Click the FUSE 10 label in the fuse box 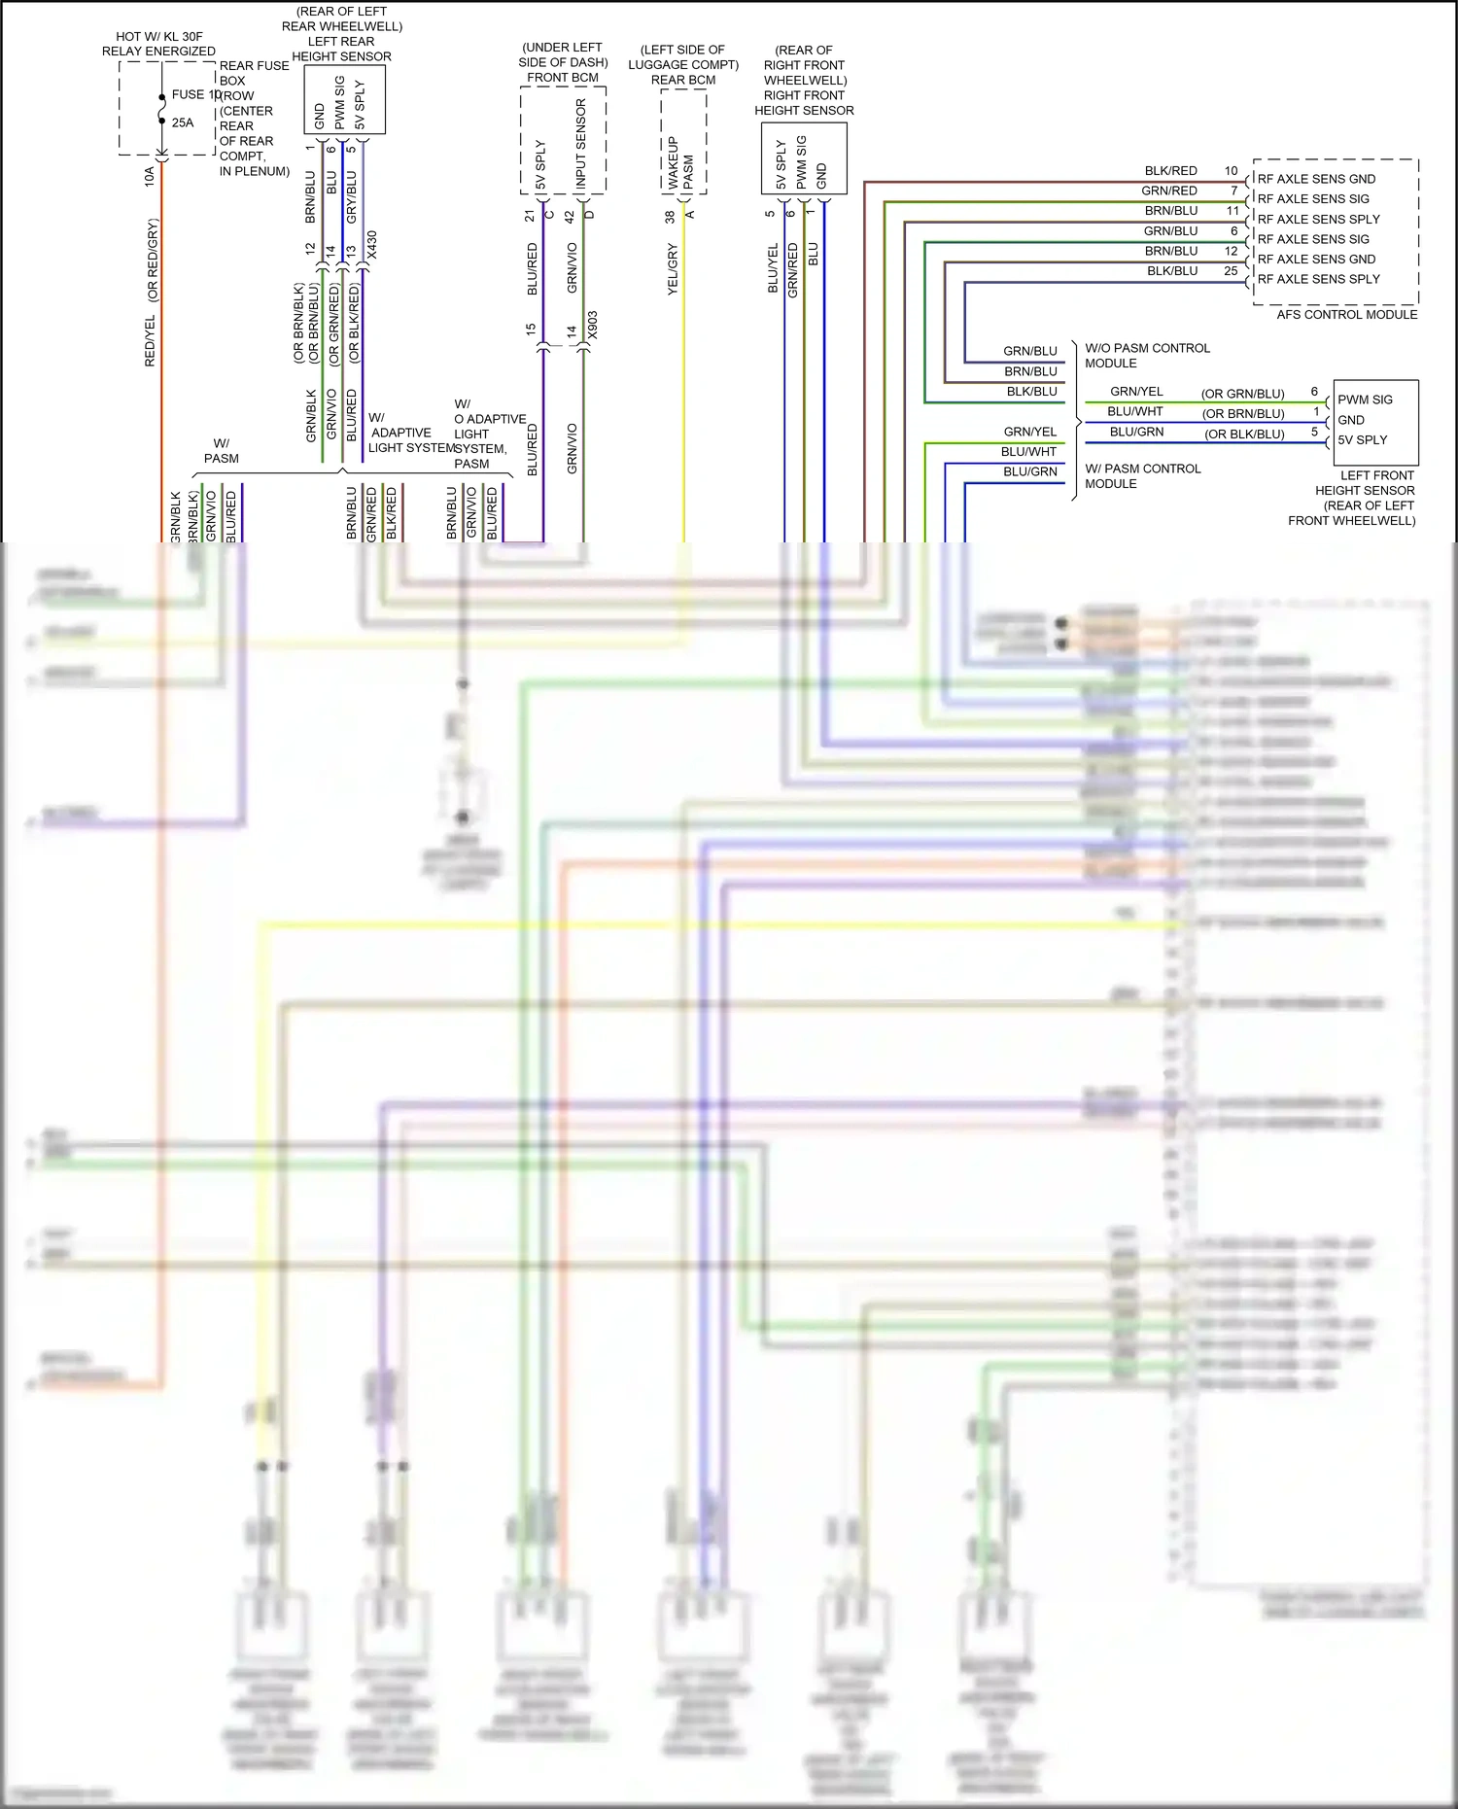195,94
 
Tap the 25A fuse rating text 183,122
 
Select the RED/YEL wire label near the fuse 150,341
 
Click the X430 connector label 371,245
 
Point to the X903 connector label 592,326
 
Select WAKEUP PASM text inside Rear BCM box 680,162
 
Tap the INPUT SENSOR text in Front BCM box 580,143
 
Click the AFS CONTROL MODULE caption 1346,314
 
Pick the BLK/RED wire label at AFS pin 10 1170,170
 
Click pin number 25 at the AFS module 1231,271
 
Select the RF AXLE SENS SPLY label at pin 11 1318,219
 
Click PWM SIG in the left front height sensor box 1365,400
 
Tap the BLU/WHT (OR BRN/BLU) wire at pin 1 1135,412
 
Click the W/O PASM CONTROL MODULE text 1147,355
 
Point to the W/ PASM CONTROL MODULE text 1142,475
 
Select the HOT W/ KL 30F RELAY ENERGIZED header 158,44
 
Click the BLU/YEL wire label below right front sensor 773,267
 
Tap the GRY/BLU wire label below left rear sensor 352,195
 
